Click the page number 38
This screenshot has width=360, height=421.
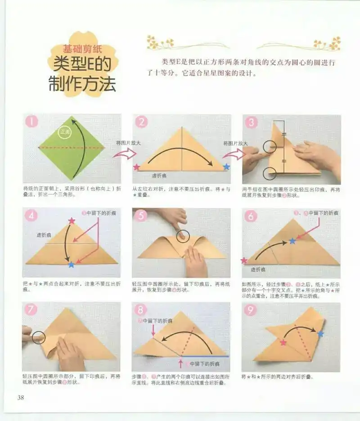[x=20, y=397]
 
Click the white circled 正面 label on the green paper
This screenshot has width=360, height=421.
[x=65, y=132]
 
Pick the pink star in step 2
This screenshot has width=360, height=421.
[x=137, y=167]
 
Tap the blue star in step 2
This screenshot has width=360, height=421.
[x=226, y=167]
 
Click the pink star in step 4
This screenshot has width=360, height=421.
[x=72, y=221]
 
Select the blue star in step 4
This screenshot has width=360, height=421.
[x=71, y=264]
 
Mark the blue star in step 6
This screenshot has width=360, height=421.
[x=292, y=241]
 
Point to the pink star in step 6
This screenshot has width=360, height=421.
[x=244, y=260]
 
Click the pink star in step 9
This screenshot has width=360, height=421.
[x=283, y=343]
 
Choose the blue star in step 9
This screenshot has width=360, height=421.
[x=320, y=334]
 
